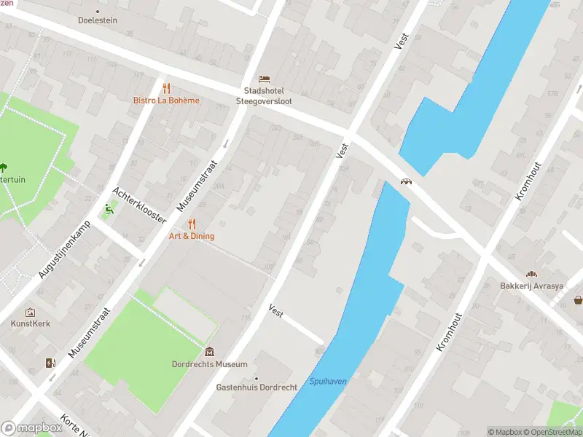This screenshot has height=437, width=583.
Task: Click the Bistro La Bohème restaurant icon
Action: [166, 87]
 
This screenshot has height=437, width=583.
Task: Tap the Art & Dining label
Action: [192, 236]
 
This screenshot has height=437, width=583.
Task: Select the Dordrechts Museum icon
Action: [210, 352]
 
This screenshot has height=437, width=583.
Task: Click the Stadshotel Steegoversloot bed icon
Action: [264, 79]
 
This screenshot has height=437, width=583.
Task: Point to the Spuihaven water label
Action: [328, 381]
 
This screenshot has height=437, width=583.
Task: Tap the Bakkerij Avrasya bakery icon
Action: [532, 274]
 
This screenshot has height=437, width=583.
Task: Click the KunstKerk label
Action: [31, 323]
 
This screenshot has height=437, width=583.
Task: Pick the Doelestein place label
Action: [98, 20]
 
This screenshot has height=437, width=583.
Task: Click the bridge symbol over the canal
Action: [405, 182]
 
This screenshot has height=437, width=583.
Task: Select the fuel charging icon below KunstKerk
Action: [50, 362]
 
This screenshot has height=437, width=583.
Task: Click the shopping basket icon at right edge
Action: [578, 299]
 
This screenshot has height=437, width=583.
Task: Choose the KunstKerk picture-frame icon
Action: [30, 312]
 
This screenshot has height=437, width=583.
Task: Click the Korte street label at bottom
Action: [73, 426]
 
